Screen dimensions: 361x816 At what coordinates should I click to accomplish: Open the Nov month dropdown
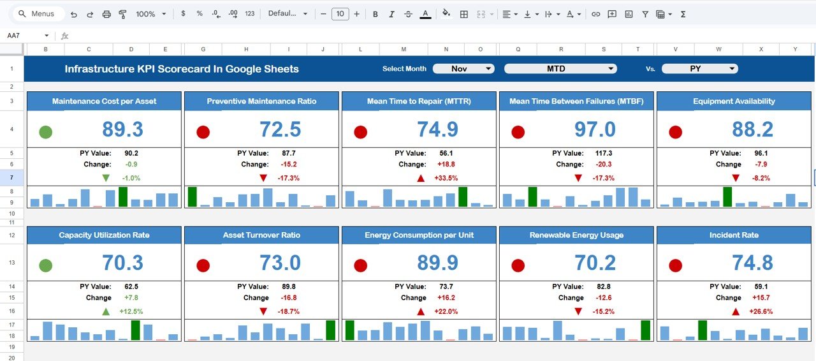[463, 69]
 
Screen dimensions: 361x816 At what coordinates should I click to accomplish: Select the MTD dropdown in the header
[560, 69]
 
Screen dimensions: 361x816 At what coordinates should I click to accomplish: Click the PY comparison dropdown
[699, 69]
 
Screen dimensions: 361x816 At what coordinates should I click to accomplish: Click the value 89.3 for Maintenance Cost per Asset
[123, 130]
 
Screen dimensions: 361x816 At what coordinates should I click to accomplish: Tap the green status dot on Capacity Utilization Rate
[45, 265]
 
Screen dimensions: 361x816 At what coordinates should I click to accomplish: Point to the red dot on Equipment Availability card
[675, 132]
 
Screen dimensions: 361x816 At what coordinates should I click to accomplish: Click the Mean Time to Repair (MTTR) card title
[419, 101]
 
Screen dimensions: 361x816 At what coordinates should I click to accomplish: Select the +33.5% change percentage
[446, 178]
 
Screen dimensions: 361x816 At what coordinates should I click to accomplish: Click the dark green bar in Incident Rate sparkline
[702, 330]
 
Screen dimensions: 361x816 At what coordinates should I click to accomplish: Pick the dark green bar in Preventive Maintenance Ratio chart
[192, 196]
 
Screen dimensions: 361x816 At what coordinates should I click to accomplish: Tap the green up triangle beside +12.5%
[106, 311]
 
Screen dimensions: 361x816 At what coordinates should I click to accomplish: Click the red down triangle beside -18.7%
[263, 311]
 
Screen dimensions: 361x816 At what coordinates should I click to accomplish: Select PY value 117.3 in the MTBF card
[603, 153]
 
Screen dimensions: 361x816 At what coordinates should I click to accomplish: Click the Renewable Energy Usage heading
[576, 235]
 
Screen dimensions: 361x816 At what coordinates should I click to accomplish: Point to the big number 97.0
[595, 130]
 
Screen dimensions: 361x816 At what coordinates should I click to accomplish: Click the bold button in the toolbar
[375, 14]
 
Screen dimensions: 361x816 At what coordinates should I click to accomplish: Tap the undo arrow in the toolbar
[74, 14]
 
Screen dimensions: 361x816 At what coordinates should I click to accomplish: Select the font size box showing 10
[340, 14]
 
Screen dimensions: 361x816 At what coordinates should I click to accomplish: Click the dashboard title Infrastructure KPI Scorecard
[182, 69]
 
